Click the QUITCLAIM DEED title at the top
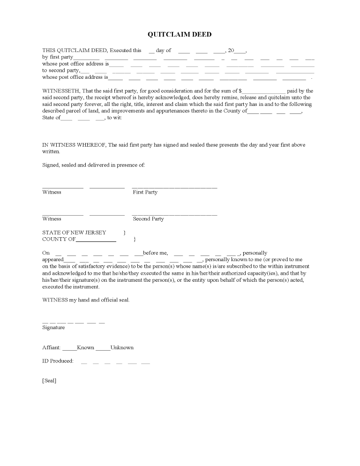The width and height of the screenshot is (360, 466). [180, 34]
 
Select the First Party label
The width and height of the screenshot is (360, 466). [145, 192]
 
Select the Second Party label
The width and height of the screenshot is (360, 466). [148, 219]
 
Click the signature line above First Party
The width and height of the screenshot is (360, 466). [174, 188]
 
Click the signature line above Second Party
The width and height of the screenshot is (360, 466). [174, 215]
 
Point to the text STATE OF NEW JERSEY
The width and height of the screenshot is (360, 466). [74, 233]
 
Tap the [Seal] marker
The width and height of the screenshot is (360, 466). [49, 381]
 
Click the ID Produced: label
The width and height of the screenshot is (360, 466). [58, 361]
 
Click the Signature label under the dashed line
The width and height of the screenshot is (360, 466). [53, 328]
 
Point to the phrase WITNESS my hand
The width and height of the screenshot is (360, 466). [68, 300]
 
